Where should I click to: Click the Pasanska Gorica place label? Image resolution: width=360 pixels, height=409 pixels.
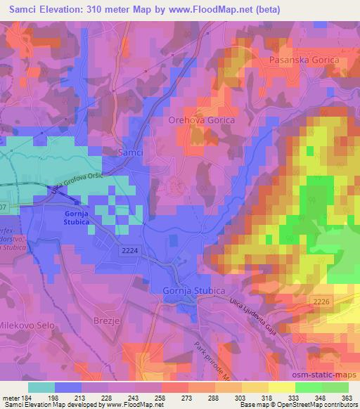click(304, 60)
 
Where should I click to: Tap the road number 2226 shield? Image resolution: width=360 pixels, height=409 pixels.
click(321, 300)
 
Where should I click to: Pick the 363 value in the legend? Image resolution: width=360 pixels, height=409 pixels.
click(347, 398)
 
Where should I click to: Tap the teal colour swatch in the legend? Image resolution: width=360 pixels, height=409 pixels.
click(41, 387)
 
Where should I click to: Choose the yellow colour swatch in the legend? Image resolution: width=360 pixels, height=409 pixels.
click(281, 387)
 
